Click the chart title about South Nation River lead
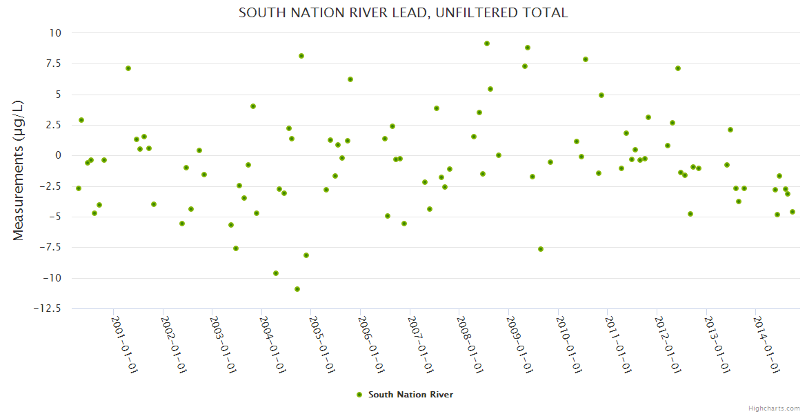(403, 12)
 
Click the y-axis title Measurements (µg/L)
(19, 170)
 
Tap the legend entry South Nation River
(410, 395)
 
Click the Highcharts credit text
(774, 408)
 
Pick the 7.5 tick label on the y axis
(52, 63)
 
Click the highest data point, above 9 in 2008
(487, 43)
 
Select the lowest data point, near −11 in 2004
(297, 289)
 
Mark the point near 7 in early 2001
(128, 68)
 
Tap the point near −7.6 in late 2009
(541, 249)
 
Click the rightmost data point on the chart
(793, 212)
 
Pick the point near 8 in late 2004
(301, 56)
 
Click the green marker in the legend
(359, 395)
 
